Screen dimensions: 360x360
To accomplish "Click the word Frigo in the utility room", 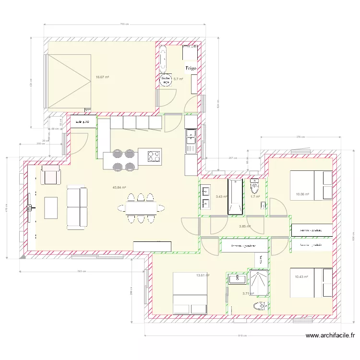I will [x=191, y=68].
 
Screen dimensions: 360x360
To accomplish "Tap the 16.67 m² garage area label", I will [x=102, y=77].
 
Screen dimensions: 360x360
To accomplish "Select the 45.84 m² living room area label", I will [x=119, y=188].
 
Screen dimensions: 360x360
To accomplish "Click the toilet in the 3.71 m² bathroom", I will [x=260, y=305].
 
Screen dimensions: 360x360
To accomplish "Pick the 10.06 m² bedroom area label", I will [x=302, y=194].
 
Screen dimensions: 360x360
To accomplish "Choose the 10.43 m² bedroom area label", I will [x=301, y=276].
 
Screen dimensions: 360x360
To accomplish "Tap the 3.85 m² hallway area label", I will [x=245, y=226].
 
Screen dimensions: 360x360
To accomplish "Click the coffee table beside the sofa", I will [x=51, y=207].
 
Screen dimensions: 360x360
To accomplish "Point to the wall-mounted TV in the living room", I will [x=30, y=207].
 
